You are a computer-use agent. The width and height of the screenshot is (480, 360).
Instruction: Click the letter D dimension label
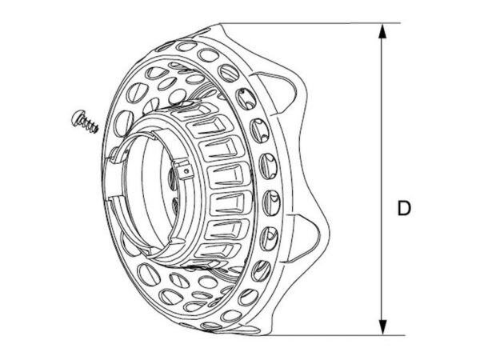[404, 208]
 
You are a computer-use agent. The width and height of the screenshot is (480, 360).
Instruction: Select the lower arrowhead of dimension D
[382, 327]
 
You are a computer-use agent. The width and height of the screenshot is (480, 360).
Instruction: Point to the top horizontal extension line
[309, 23]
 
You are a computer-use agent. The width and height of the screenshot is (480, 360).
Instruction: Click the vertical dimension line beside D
[382, 179]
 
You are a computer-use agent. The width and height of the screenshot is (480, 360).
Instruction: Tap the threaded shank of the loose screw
[90, 125]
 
